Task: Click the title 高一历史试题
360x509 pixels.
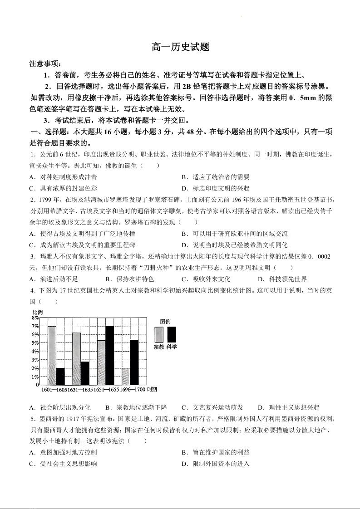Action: click(x=180, y=47)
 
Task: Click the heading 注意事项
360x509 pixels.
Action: click(x=47, y=64)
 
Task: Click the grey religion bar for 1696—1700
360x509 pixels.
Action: click(x=126, y=376)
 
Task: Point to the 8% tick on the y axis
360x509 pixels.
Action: click(x=35, y=318)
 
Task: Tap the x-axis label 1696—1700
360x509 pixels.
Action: click(x=133, y=389)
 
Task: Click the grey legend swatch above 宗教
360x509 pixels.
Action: click(x=159, y=334)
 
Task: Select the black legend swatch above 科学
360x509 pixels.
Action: click(x=171, y=334)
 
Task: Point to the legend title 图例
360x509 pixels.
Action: click(x=165, y=321)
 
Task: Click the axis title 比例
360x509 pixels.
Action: click(x=38, y=312)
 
